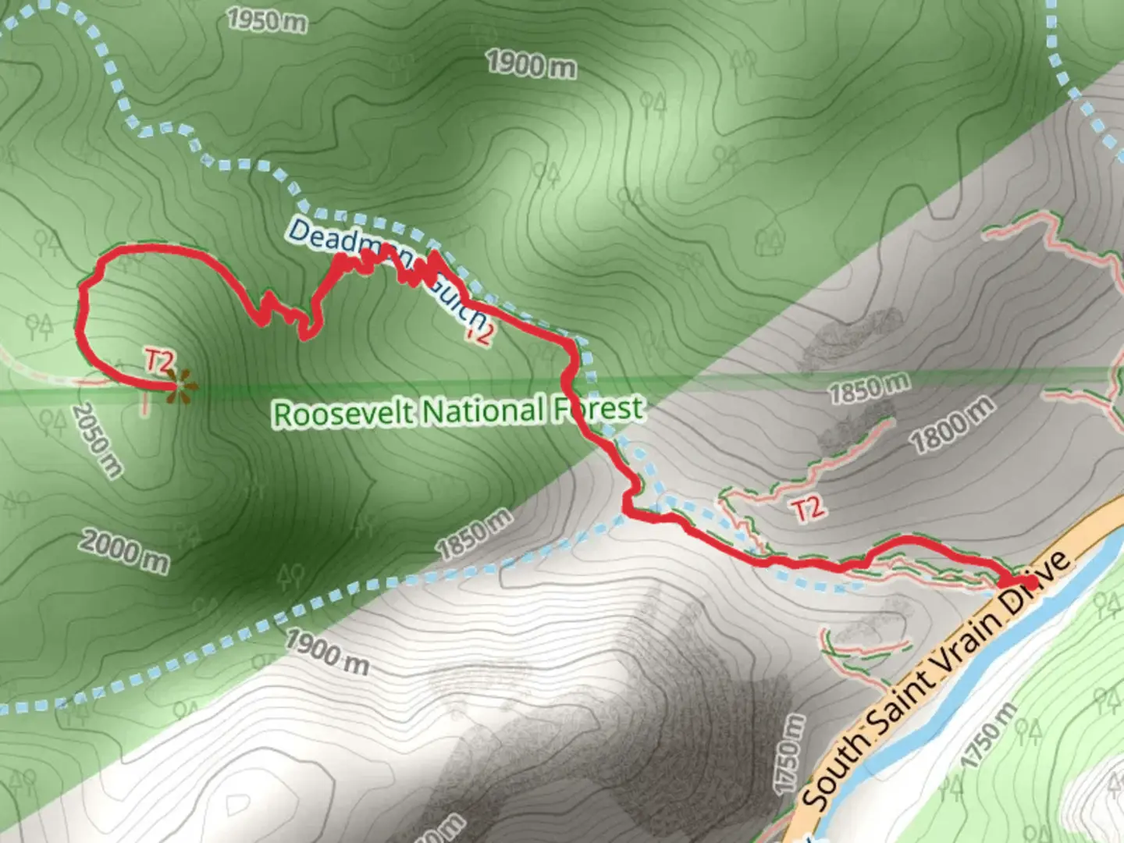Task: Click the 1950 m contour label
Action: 267,20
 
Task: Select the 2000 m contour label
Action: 124,550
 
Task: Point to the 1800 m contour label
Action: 952,424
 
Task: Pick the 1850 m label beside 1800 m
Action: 869,388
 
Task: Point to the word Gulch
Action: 457,302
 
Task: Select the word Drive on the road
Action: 1042,574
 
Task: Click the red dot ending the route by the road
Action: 1030,583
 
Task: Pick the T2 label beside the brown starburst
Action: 158,361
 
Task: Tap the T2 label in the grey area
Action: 808,508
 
